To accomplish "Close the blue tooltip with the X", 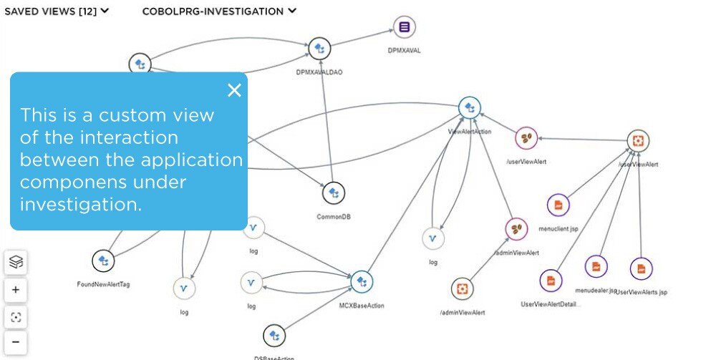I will pos(234,90).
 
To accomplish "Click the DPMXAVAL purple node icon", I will pos(405,28).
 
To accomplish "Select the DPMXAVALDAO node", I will pos(319,49).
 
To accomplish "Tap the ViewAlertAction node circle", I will pos(469,108).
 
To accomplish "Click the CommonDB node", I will pos(333,193).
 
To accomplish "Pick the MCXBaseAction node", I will pos(362,282).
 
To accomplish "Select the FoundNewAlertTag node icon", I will pos(103,261).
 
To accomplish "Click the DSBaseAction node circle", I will pos(274,336).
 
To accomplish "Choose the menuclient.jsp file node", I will pos(558,205).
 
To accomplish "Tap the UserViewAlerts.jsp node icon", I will pos(641,268).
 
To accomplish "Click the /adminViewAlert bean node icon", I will pos(516,229).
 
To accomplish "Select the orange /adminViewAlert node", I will pos(462,289).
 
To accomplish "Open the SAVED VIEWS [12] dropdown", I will pos(57,11).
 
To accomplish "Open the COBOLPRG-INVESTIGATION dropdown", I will pos(219,11).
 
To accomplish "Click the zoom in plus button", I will pos(16,291).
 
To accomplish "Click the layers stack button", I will pos(16,263).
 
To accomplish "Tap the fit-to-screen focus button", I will pos(16,317).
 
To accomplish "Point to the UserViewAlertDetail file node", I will pos(551,281).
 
